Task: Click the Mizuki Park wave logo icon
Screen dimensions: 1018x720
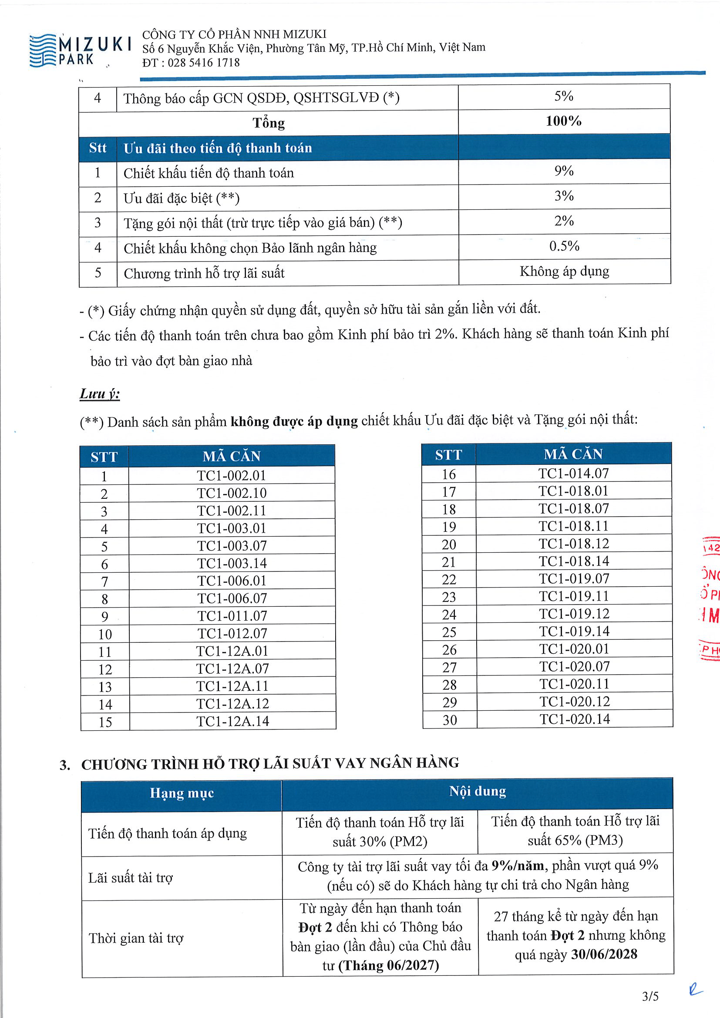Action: (43, 50)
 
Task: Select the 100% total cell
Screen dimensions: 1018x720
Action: (563, 121)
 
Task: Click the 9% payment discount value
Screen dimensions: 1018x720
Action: (563, 171)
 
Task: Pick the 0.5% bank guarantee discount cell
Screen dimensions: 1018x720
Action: (564, 246)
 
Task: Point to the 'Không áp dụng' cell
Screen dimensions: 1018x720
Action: (564, 271)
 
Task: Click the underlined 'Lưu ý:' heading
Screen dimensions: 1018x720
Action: (100, 394)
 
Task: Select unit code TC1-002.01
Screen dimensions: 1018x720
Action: (232, 475)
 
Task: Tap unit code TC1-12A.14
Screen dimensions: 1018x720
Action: (232, 721)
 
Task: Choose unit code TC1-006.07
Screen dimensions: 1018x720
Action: (232, 598)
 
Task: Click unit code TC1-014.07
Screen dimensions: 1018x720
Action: (574, 474)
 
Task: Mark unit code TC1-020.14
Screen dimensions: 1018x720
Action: (575, 719)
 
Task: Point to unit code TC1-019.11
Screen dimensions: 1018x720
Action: (574, 596)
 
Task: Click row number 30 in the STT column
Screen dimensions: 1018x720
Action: (450, 720)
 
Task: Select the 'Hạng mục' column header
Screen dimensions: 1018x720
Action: (182, 793)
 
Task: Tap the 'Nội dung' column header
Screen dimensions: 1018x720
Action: (478, 791)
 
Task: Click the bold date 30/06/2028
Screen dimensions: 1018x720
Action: (604, 954)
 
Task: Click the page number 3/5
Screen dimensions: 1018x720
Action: (650, 997)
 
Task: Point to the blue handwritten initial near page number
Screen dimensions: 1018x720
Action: (695, 990)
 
